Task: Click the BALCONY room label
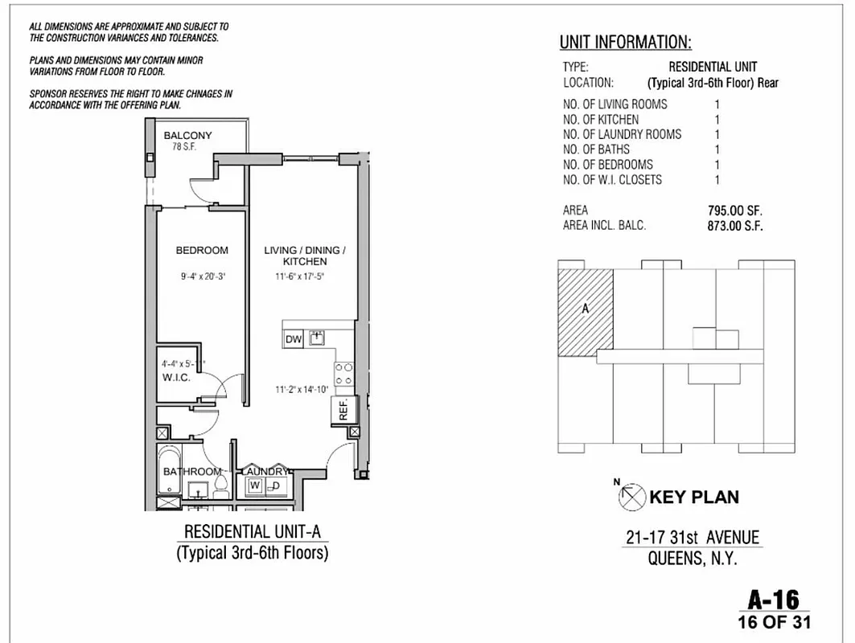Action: (x=187, y=136)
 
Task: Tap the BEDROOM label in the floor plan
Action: (x=202, y=251)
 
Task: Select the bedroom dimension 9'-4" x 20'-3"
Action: (x=202, y=276)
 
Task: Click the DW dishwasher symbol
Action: (x=294, y=339)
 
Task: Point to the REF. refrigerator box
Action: (x=342, y=409)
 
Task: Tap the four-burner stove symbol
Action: (x=344, y=374)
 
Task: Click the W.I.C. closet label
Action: (x=176, y=378)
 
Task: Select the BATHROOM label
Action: (x=191, y=472)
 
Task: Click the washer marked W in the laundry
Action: (x=254, y=485)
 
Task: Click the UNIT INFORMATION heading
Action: (x=625, y=43)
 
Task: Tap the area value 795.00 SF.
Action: (x=730, y=211)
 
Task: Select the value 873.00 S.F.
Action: (x=730, y=226)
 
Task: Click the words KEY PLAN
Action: (x=693, y=497)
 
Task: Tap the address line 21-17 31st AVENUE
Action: (x=693, y=539)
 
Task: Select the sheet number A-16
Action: (x=773, y=599)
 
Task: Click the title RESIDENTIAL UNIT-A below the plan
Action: (x=252, y=532)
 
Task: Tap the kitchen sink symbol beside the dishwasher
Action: (x=316, y=338)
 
